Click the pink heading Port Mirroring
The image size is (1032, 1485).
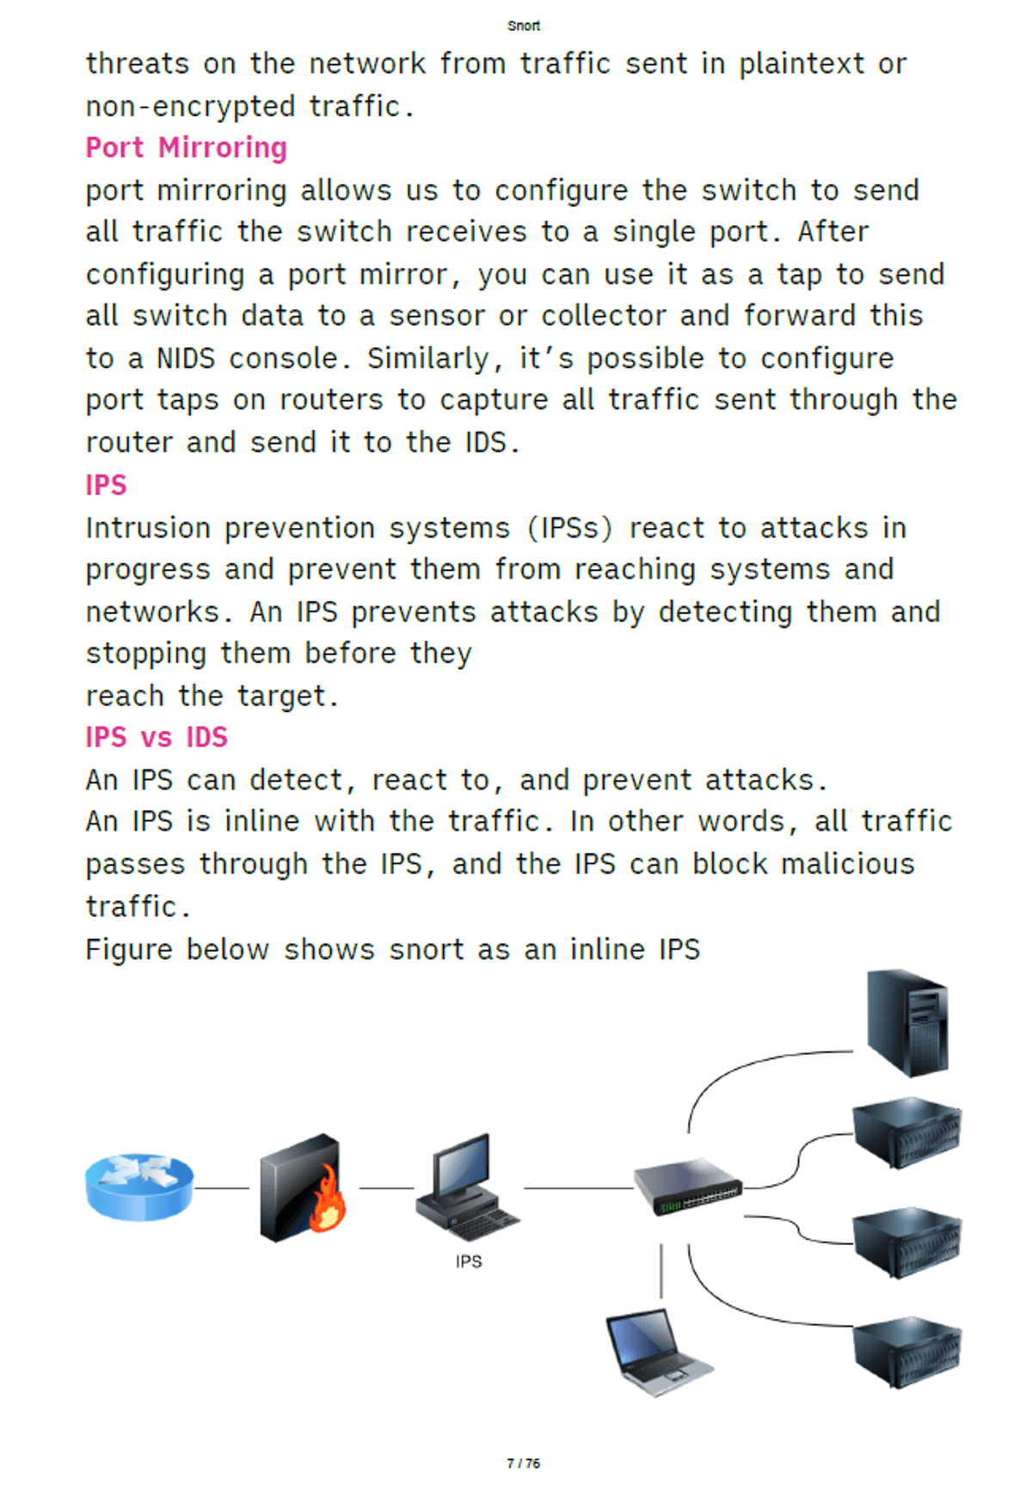click(x=187, y=148)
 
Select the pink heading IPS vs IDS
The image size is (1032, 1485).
click(x=157, y=737)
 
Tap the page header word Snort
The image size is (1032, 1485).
click(x=524, y=26)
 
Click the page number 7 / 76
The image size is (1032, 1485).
click(x=524, y=1463)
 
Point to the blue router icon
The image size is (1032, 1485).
click(x=139, y=1187)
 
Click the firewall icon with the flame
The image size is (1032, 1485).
click(x=303, y=1187)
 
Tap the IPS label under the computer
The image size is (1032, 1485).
click(x=469, y=1261)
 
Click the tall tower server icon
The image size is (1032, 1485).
click(x=907, y=1022)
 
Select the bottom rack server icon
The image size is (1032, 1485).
click(x=907, y=1352)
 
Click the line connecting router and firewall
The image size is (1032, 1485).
click(x=222, y=1188)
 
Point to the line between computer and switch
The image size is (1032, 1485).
click(x=578, y=1188)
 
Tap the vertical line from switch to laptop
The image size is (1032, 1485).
click(x=661, y=1271)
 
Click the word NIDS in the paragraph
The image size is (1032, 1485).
click(x=186, y=358)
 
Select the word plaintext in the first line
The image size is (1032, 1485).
click(x=802, y=64)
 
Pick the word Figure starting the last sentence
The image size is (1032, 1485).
click(x=129, y=949)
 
